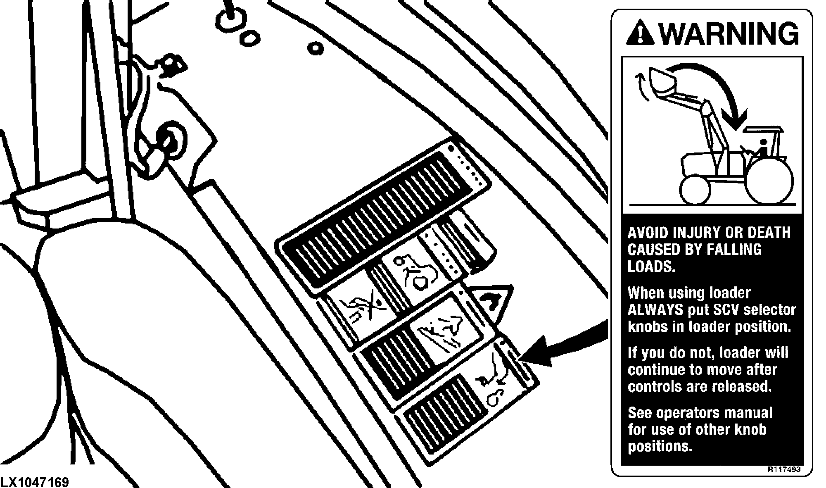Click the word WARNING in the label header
[x=730, y=33]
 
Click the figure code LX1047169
[x=35, y=482]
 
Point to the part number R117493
[x=784, y=469]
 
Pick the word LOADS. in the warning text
[x=651, y=267]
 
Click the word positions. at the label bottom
[x=660, y=447]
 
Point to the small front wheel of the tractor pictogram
[x=695, y=190]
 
